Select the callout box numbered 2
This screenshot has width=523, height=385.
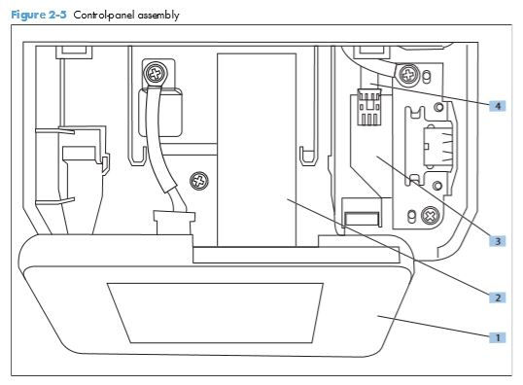(x=497, y=297)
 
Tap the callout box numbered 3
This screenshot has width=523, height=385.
(x=497, y=239)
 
